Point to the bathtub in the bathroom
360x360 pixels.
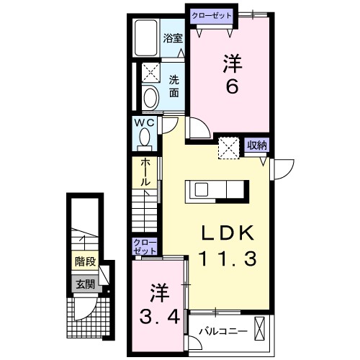pyautogui.click(x=147, y=40)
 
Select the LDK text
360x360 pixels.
pyautogui.click(x=227, y=234)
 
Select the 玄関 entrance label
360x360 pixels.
pyautogui.click(x=84, y=284)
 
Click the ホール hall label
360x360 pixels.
pyautogui.click(x=145, y=173)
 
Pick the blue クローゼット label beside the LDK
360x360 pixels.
pyautogui.click(x=141, y=246)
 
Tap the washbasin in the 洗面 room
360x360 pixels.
pyautogui.click(x=151, y=97)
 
